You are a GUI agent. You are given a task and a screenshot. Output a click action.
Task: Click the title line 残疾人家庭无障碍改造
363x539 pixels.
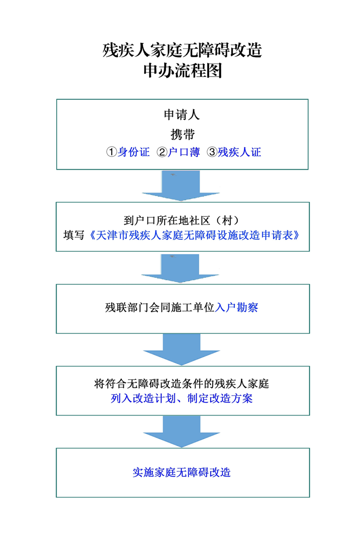click(182, 50)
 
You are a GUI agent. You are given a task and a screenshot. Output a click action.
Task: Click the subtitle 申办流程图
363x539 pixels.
click(182, 71)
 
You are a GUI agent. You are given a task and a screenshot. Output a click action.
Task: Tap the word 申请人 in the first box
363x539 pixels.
click(181, 115)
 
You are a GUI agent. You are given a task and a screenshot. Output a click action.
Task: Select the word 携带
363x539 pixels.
click(182, 134)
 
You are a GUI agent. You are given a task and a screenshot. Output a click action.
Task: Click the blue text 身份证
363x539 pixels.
click(134, 152)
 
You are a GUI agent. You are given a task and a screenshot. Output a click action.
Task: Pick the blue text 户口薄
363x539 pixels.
click(184, 152)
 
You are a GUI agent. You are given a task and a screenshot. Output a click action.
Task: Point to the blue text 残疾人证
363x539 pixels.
click(239, 152)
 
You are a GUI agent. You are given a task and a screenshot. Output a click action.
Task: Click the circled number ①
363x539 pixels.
click(111, 152)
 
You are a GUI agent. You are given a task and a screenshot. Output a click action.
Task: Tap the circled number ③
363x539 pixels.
click(212, 152)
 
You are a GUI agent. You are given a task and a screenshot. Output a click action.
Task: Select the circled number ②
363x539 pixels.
click(162, 152)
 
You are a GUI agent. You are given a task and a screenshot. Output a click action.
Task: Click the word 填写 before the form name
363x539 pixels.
click(74, 235)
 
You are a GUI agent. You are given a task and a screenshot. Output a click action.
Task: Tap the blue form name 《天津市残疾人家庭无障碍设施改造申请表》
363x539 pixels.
click(194, 235)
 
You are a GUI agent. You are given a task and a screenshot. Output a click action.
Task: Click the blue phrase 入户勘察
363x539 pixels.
click(236, 307)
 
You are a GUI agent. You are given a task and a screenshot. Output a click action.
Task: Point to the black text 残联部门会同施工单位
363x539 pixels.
click(160, 307)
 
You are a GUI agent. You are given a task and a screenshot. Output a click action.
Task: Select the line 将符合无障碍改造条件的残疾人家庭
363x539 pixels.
click(181, 383)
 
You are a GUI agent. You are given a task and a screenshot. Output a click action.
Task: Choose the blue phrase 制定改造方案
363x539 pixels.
click(220, 398)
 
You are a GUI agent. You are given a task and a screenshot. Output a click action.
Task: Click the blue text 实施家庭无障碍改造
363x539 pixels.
click(181, 472)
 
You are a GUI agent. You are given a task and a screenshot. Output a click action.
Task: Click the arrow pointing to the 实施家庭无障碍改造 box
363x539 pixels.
click(181, 432)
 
